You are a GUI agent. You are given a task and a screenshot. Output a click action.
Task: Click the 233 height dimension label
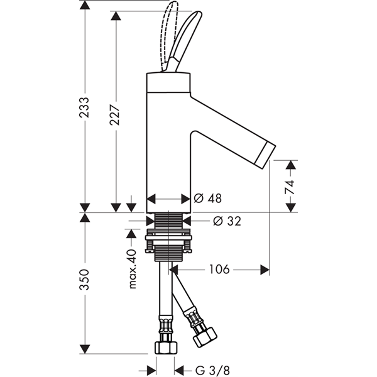(84, 107)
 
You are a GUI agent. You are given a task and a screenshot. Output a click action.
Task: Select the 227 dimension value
(115, 115)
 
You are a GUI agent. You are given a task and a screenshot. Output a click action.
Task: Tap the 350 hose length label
(84, 280)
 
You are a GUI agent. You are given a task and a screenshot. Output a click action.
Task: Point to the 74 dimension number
(290, 187)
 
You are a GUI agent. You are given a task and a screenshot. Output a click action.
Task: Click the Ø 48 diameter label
(208, 199)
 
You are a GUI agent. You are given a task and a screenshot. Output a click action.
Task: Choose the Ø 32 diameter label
(227, 221)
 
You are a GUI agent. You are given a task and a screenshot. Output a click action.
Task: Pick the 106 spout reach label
(219, 270)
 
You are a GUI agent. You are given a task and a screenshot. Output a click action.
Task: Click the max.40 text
(132, 269)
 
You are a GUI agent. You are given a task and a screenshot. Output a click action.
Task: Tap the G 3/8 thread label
(212, 370)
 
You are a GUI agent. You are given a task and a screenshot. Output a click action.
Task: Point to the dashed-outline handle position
(170, 36)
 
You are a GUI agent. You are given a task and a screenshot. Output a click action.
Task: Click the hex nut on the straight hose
(166, 347)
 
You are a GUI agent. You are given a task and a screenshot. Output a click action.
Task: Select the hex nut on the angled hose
(205, 337)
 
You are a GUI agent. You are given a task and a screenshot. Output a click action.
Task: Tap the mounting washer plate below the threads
(168, 238)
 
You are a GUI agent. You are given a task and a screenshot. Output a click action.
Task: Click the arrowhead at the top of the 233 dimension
(85, 5)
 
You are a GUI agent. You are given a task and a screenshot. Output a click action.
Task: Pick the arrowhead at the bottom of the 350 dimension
(85, 349)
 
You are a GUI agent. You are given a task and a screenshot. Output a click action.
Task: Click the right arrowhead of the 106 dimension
(265, 270)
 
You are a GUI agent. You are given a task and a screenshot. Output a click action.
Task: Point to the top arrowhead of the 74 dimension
(291, 165)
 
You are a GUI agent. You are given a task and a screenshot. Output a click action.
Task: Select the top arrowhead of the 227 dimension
(116, 16)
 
